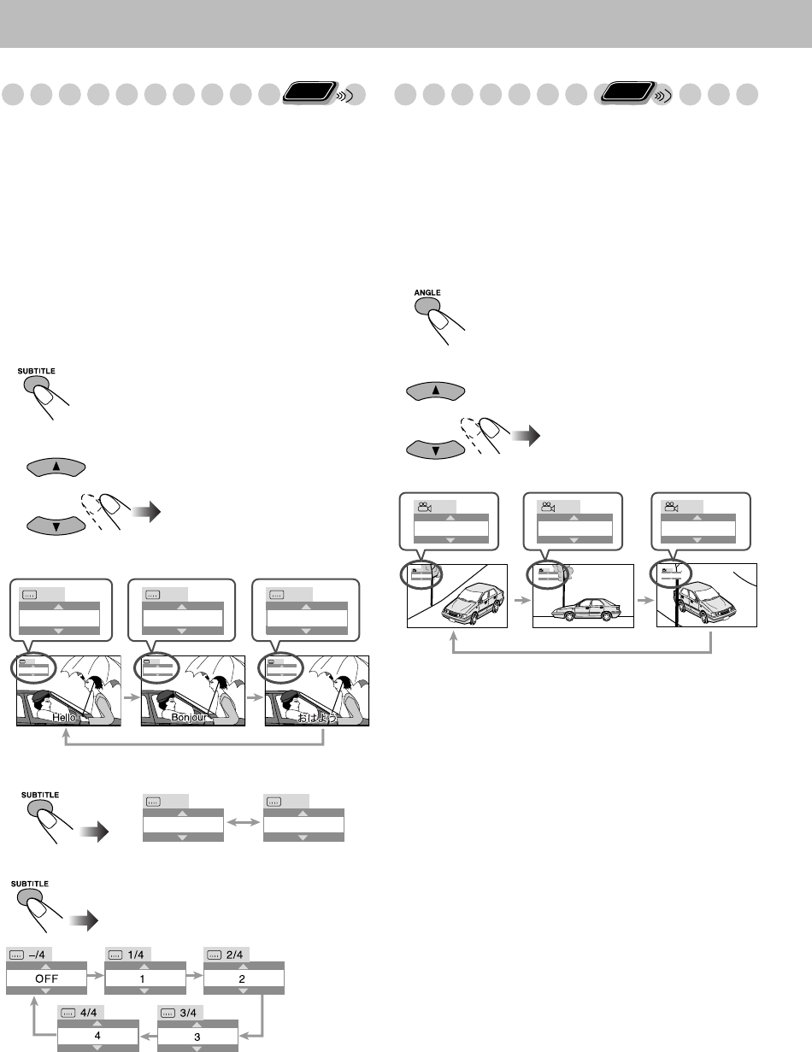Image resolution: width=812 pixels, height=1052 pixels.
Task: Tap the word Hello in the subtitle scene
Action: pyautogui.click(x=67, y=718)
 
